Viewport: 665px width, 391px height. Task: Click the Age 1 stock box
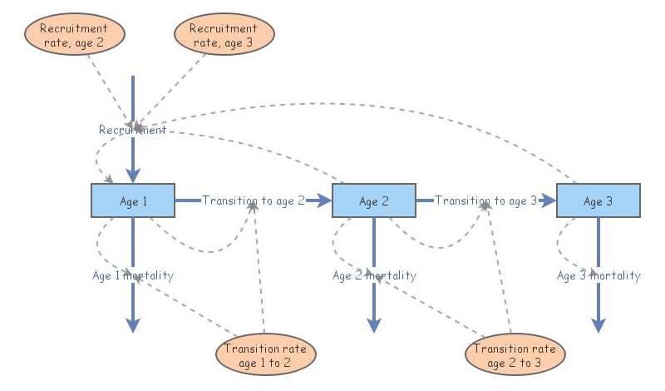[132, 200]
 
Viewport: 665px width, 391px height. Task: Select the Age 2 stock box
[373, 200]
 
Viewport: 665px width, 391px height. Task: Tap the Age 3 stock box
[598, 200]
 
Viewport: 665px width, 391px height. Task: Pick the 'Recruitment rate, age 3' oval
[224, 35]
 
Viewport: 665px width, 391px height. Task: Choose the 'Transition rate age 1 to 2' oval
[265, 355]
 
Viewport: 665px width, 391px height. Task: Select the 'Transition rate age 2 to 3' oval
[515, 355]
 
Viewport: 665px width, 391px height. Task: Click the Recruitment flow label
[132, 130]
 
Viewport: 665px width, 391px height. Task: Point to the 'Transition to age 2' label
[254, 200]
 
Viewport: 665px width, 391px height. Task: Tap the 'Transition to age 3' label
[485, 200]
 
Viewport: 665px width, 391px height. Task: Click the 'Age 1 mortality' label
[132, 275]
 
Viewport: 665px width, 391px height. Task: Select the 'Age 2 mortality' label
[374, 275]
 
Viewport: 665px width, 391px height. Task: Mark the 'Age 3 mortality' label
[598, 275]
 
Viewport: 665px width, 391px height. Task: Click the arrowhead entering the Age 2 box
[325, 200]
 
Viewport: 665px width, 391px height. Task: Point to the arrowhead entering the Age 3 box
[549, 200]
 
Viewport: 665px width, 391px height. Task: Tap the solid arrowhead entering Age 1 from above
[132, 176]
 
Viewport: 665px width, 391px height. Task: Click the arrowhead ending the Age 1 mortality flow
[132, 325]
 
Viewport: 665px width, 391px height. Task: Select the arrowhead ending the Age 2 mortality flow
[373, 325]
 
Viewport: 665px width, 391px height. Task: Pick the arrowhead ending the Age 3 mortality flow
[598, 325]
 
